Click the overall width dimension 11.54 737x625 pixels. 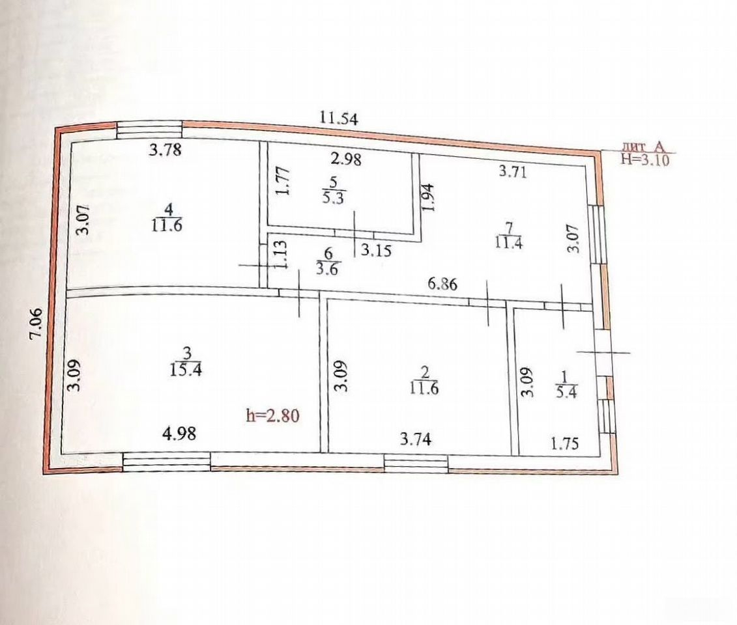[x=338, y=117]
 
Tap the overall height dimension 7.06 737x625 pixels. [x=36, y=323]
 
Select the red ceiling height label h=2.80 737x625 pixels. [x=272, y=415]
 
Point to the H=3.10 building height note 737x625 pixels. [x=645, y=160]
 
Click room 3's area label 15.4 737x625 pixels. [x=186, y=370]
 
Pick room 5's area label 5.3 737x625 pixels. [x=333, y=198]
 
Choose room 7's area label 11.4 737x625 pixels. [x=508, y=243]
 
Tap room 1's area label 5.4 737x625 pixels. [x=566, y=391]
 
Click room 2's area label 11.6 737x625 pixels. [x=424, y=388]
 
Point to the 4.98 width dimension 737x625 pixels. [x=179, y=433]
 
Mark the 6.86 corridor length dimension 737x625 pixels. [x=442, y=284]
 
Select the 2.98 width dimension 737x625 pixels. [x=346, y=159]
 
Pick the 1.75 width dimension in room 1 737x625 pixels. [x=564, y=443]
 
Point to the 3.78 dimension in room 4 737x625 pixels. [x=165, y=150]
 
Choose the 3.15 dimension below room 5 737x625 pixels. [x=376, y=250]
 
